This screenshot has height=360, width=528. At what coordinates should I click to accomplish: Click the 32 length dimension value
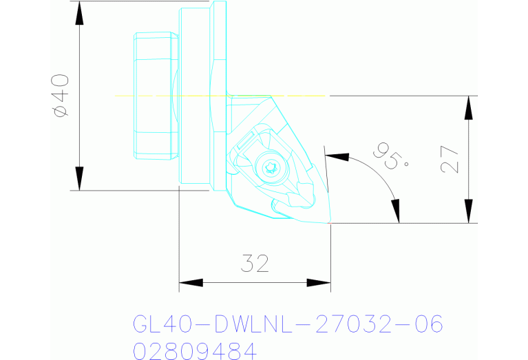coord(254,263)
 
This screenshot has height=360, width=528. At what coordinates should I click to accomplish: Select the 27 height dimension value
coord(449,159)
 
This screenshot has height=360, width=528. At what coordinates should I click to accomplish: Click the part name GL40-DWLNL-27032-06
coord(286,324)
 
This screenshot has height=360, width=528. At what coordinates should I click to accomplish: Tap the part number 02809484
coord(193,352)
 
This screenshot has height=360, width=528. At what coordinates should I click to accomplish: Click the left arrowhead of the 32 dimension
coord(191,282)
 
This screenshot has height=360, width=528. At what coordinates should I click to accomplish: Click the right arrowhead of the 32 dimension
coord(318,282)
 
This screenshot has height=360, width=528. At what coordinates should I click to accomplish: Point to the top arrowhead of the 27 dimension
coord(469,106)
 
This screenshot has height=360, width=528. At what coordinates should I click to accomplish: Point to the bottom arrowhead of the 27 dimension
coord(469,211)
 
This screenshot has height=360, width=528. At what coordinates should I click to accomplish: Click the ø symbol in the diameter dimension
coord(61,111)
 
